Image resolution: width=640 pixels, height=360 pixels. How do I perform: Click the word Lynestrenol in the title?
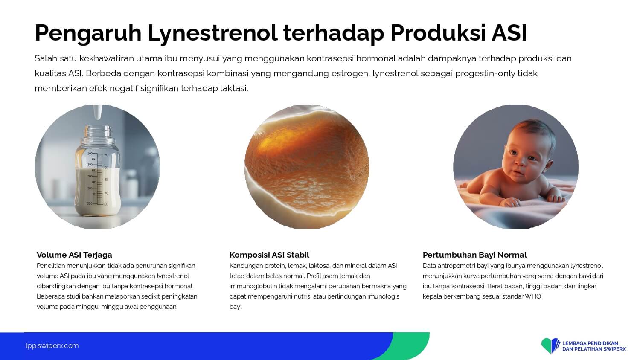coord(212,33)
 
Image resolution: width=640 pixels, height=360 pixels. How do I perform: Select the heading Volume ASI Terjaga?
coord(74,255)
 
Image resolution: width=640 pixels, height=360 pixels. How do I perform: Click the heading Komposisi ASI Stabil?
coord(269,255)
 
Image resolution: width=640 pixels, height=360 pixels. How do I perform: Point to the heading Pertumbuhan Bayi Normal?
coord(474,255)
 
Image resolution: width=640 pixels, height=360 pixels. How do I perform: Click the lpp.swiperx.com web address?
coord(52,346)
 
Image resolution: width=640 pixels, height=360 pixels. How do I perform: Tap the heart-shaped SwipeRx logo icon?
coord(550,345)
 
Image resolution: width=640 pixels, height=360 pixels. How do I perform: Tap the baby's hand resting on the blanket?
coord(510,202)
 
